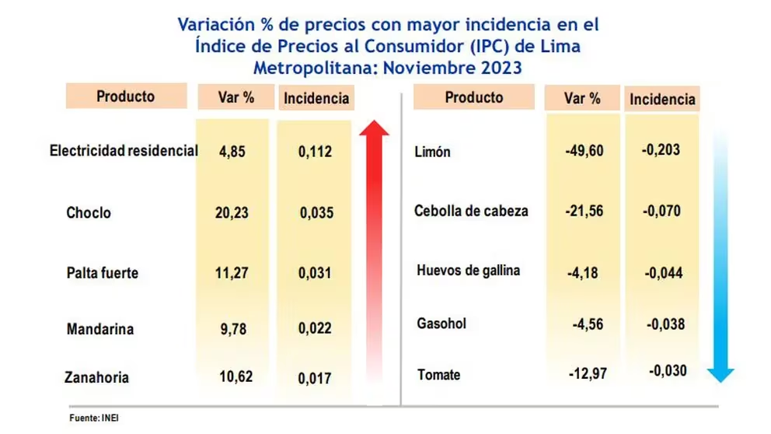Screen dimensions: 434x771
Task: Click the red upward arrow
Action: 374,249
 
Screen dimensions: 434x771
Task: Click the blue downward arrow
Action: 721,257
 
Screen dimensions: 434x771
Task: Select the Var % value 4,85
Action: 232,152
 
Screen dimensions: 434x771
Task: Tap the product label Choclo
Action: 89,212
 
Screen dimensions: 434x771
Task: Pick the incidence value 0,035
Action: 316,212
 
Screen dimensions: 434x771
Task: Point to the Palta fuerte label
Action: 102,273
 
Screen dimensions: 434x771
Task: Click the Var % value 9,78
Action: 232,329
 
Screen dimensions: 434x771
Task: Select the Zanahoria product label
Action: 96,378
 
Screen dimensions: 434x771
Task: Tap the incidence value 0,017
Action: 315,379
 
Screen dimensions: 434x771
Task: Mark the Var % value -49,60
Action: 584,151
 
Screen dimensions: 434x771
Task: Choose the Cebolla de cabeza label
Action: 471,211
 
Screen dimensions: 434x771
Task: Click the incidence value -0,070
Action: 661,211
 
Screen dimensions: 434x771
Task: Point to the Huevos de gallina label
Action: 469,271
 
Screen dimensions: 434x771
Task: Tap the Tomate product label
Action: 438,375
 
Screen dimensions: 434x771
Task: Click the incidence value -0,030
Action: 668,371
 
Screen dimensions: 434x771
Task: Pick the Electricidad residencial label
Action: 124,150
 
